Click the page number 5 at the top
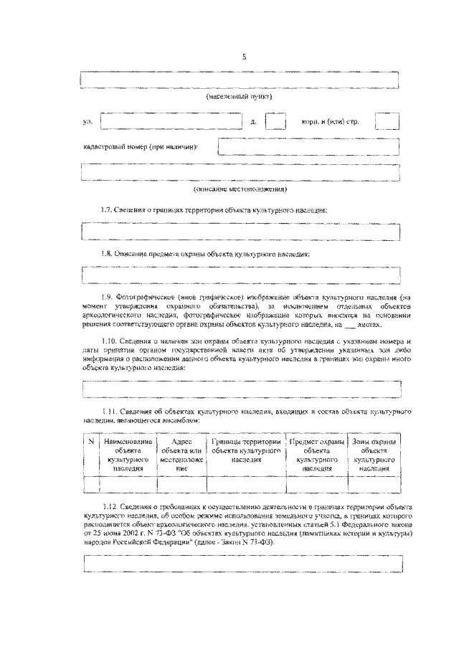pos(243,57)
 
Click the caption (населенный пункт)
pos(240,96)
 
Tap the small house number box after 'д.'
pos(275,121)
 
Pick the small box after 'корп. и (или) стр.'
pos(387,121)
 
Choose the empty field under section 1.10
pos(241,389)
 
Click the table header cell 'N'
pos(90,442)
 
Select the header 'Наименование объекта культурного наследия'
pos(126,455)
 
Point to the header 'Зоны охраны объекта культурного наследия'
pos(374,455)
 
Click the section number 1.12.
pos(110,506)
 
